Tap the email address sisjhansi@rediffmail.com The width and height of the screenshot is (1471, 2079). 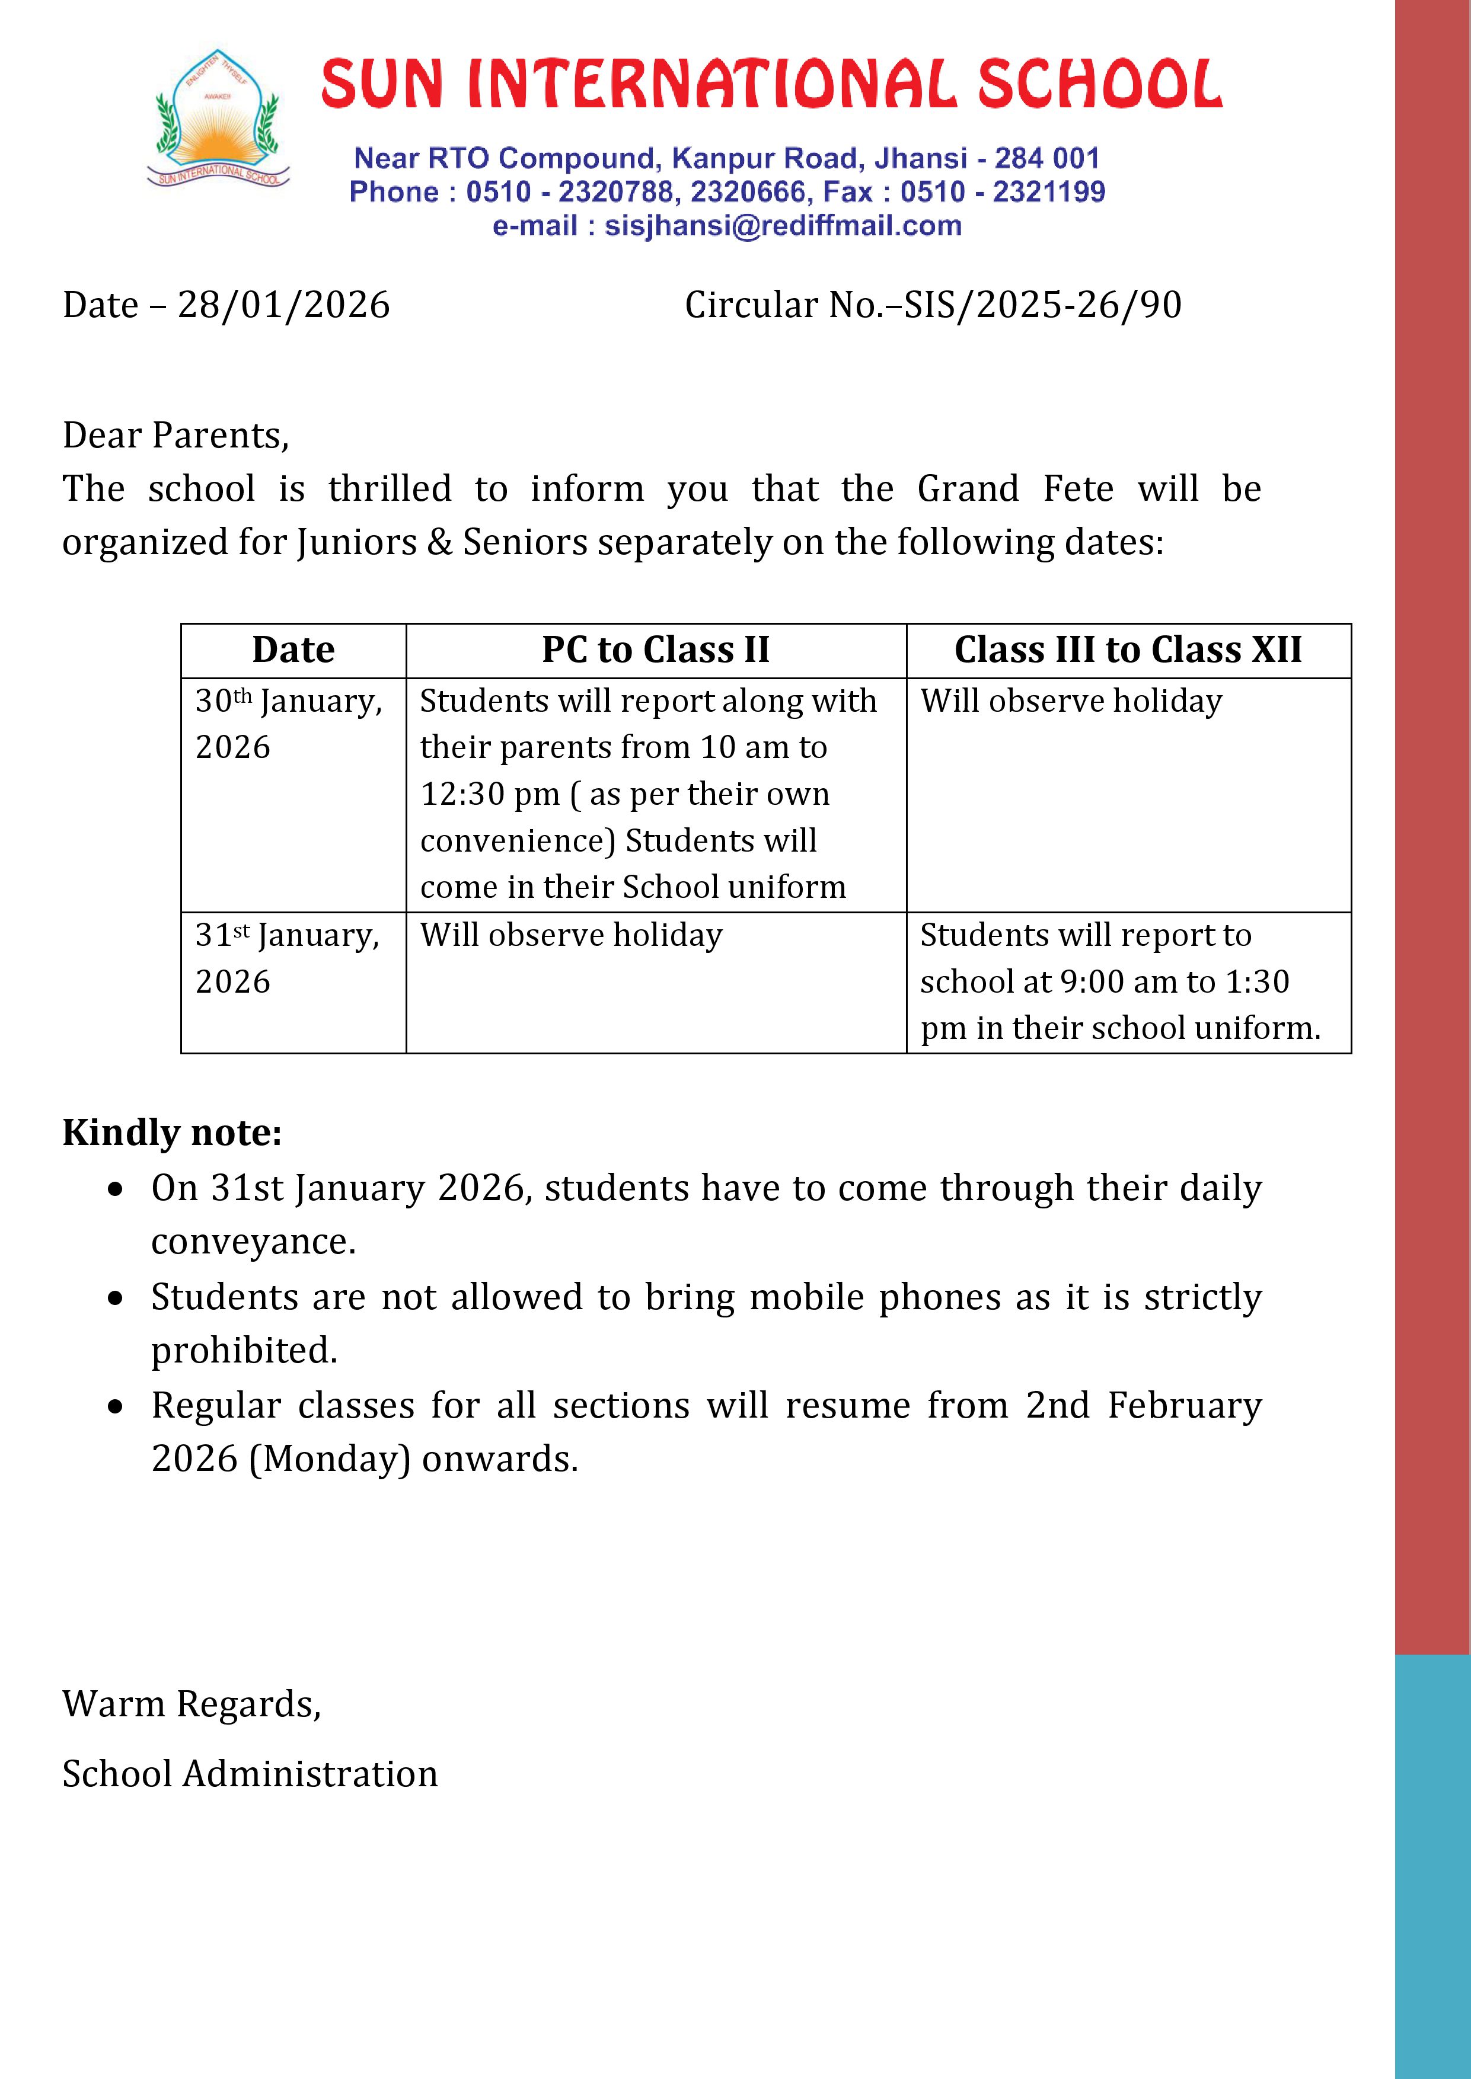pyautogui.click(x=783, y=225)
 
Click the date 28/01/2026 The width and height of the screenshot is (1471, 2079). pyautogui.click(x=283, y=305)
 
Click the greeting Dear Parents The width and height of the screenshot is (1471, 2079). pyautogui.click(x=175, y=436)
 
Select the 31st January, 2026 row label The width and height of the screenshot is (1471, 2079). pyautogui.click(x=286, y=958)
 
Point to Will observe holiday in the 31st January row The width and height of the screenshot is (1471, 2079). pyautogui.click(x=570, y=935)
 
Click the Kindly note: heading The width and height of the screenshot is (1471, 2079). pyautogui.click(x=172, y=1133)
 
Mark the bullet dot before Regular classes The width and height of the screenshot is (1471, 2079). pyautogui.click(x=115, y=1407)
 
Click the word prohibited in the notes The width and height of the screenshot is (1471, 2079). pyautogui.click(x=244, y=1350)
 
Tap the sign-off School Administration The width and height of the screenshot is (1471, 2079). pyautogui.click(x=250, y=1774)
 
